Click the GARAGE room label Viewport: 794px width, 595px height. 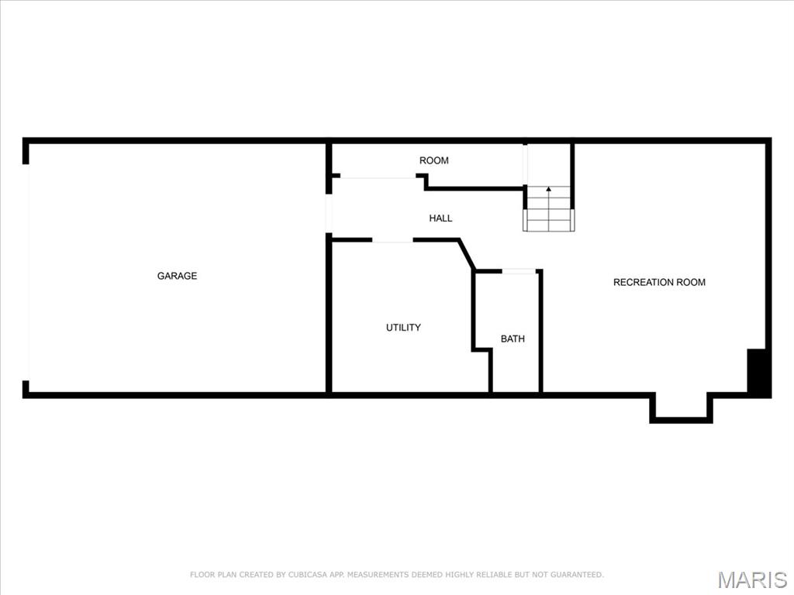(177, 276)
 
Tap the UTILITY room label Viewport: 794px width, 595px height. (403, 328)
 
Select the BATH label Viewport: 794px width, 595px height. (513, 339)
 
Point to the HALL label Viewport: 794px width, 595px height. (440, 218)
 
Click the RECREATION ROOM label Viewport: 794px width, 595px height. (659, 282)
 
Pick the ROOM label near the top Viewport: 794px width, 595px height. (433, 160)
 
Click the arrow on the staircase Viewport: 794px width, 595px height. (549, 190)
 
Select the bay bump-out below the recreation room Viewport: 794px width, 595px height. (681, 408)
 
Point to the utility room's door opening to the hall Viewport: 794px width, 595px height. (392, 240)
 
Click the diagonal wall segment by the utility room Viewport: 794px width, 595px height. (467, 255)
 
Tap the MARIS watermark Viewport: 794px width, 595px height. (752, 579)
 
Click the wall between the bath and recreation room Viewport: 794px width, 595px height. (540, 333)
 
